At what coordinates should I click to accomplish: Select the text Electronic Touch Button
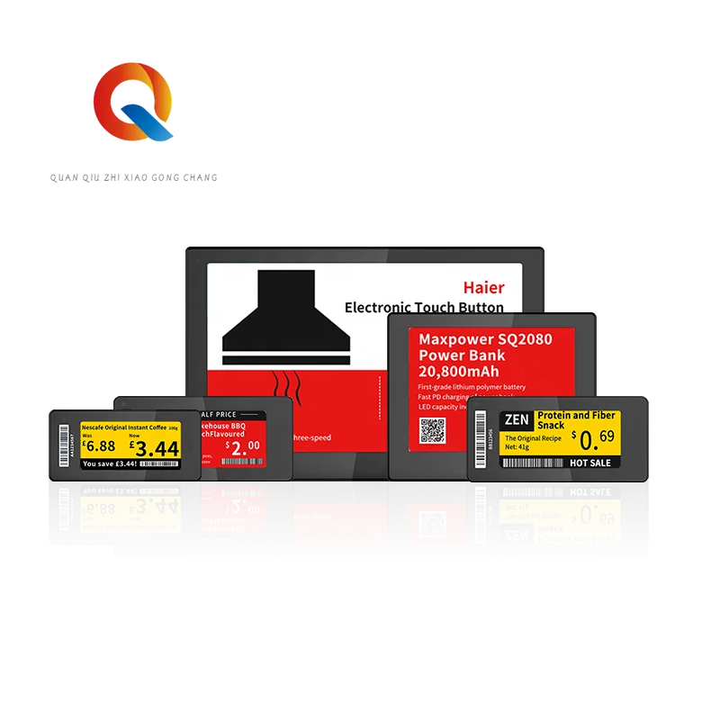pos(424,308)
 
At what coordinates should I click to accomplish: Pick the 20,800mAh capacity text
pos(458,372)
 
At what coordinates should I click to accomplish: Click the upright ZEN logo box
pos(515,418)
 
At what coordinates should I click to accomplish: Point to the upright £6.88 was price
pos(98,445)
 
